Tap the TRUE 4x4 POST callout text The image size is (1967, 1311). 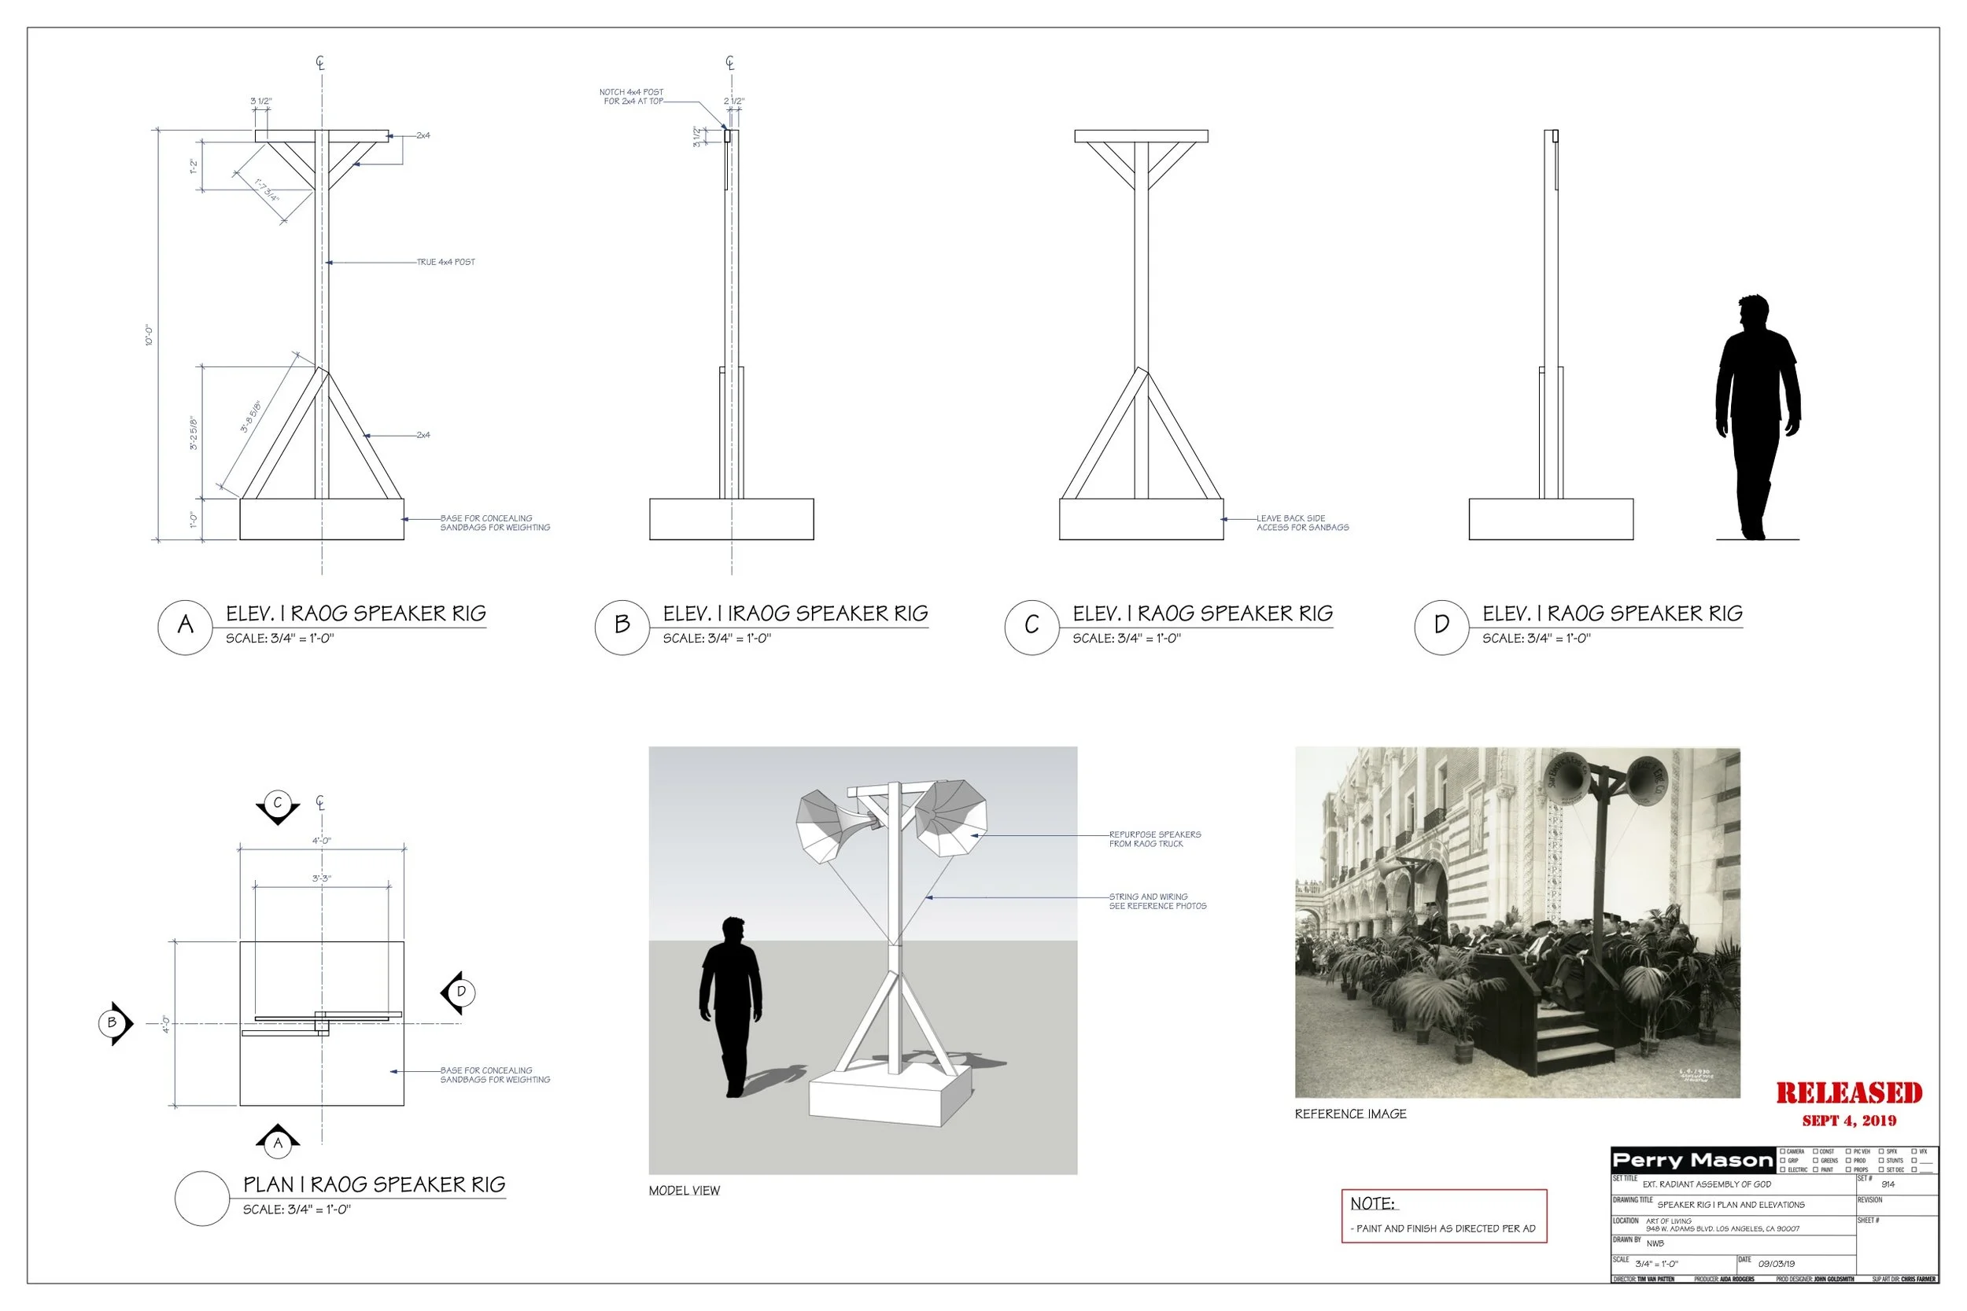[446, 263]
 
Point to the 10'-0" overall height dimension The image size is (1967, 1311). [149, 335]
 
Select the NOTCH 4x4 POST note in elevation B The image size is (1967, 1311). [633, 97]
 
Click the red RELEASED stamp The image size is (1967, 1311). [1848, 1094]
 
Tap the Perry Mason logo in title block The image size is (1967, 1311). [1692, 1161]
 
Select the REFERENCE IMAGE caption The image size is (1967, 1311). [1350, 1114]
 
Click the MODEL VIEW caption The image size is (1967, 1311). [683, 1191]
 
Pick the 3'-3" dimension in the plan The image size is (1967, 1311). [321, 878]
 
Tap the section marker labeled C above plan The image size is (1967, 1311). [278, 805]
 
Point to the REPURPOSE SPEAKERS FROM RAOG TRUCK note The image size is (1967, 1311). [1154, 839]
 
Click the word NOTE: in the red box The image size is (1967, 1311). [1372, 1204]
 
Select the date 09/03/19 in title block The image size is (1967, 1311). [1776, 1264]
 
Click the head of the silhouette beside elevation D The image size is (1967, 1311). [1754, 314]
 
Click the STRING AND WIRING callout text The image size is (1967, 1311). [1157, 901]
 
